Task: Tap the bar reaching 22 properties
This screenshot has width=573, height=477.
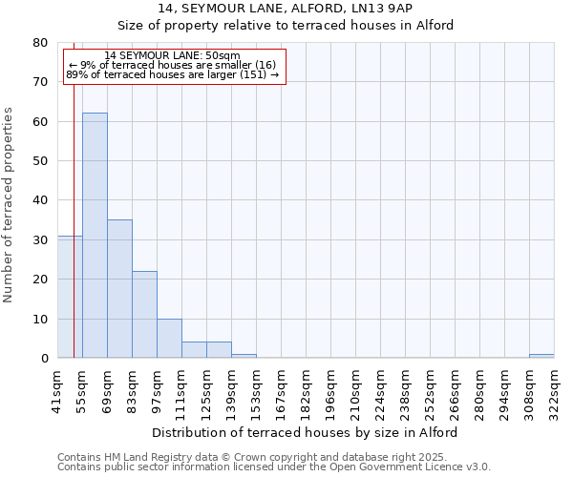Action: [x=144, y=315]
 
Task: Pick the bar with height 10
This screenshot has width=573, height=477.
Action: [x=169, y=339]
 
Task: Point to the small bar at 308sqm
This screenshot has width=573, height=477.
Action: [x=541, y=356]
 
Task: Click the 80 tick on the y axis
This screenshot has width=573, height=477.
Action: [x=39, y=43]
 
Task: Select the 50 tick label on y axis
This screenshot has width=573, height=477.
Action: [x=39, y=161]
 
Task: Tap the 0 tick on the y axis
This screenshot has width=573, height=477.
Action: [x=43, y=359]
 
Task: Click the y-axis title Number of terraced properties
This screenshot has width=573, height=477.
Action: [x=10, y=205]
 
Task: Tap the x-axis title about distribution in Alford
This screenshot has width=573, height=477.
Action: [x=305, y=432]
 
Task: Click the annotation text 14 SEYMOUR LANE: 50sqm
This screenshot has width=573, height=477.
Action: [x=173, y=55]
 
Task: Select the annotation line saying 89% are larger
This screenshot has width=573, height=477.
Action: [x=173, y=74]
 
